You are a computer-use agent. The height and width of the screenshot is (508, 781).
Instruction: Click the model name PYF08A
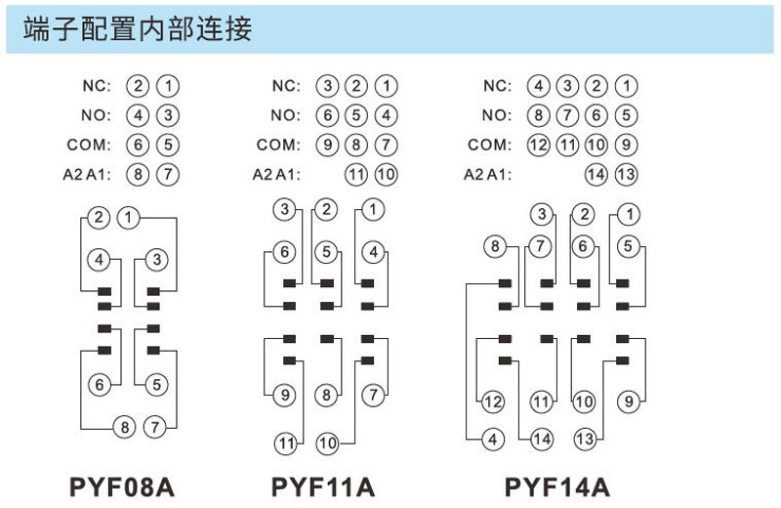coord(122,487)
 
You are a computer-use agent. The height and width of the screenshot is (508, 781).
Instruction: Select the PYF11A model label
coord(323,487)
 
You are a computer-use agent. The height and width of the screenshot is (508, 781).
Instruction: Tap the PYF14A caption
coord(556,487)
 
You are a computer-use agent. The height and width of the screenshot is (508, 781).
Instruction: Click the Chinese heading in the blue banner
coord(138,28)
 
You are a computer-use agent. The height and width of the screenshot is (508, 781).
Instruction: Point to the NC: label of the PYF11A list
coord(286,86)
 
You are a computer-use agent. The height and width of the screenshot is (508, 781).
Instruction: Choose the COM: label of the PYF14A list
coord(489,145)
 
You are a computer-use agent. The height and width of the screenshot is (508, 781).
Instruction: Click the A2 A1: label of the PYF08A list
coord(87,175)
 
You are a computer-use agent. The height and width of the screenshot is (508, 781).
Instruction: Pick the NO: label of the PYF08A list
coord(96,115)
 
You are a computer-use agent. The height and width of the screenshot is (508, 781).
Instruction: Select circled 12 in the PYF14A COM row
coord(539,145)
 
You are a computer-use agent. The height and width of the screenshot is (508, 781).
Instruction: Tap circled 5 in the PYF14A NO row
coord(626,115)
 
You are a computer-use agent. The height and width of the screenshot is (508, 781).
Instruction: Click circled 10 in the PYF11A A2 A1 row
coord(386,175)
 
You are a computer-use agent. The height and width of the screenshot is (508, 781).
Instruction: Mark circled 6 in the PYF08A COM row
coord(138,145)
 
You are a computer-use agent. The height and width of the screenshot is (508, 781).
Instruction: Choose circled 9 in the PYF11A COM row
coord(327,145)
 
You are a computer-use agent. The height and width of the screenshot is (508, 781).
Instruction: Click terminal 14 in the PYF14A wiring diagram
coord(542,440)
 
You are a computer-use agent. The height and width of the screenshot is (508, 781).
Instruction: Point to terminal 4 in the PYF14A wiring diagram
coord(493,440)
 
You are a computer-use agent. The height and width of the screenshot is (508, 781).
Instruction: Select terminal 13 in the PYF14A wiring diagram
coord(585,440)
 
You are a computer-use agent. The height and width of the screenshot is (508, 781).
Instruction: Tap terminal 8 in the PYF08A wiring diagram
coord(125,427)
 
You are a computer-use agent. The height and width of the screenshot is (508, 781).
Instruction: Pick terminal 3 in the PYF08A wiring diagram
coord(157,259)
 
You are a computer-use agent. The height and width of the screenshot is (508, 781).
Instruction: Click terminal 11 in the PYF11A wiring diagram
coord(286,443)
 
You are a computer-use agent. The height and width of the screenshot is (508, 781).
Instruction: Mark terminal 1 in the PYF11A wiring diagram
coord(373,209)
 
